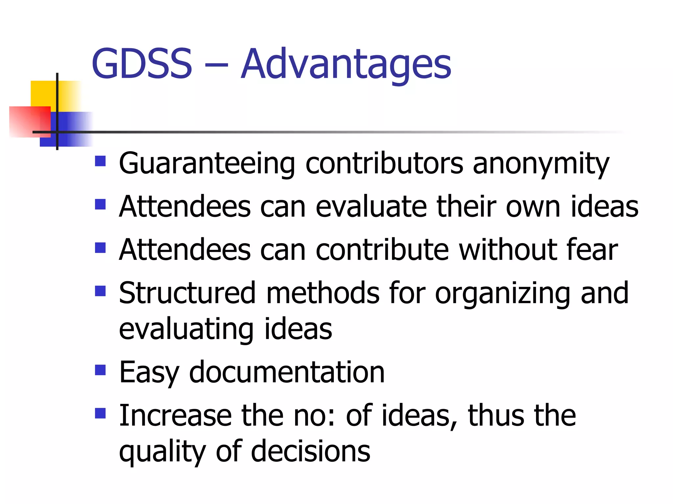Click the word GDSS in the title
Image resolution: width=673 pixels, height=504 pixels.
point(142,64)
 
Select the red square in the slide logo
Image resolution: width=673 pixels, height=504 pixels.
point(28,121)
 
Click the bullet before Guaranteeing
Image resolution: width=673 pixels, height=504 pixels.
point(100,161)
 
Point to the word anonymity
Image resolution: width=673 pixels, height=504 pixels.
point(541,164)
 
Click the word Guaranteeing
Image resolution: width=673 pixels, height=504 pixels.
point(207,164)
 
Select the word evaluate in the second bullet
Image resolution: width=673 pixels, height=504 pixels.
point(371,207)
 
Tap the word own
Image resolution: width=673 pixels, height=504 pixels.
point(533,207)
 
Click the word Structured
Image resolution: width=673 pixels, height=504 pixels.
point(187,293)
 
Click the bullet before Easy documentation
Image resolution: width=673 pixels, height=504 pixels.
point(100,370)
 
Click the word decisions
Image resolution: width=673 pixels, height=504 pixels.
point(311,451)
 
